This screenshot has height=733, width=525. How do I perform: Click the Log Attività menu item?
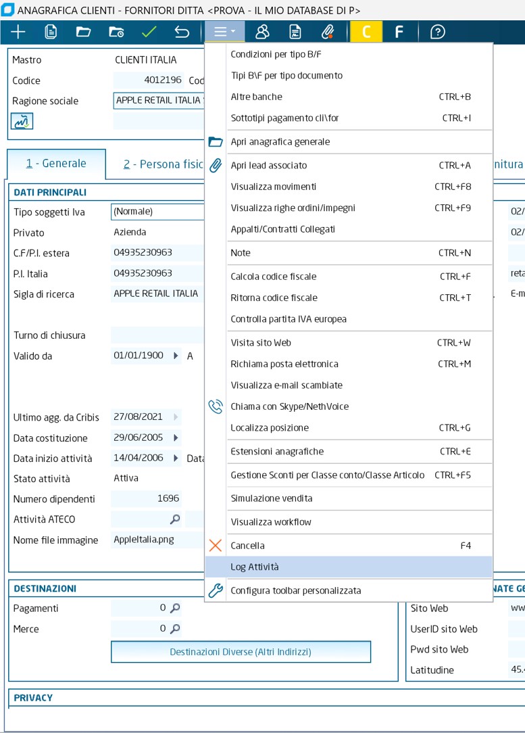click(x=255, y=567)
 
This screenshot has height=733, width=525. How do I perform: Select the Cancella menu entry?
click(x=247, y=545)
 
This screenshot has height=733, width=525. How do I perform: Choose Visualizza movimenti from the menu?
click(x=273, y=186)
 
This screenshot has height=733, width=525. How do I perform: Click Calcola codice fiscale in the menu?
click(x=273, y=276)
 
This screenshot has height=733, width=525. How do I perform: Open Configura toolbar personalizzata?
click(x=295, y=590)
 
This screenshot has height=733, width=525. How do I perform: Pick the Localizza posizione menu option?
click(x=270, y=427)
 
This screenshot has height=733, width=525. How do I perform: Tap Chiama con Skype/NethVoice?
click(x=289, y=406)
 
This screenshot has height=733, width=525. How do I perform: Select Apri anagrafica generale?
click(x=280, y=142)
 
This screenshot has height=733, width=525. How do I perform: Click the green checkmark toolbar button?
click(x=149, y=32)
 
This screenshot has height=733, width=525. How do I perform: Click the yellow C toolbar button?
click(x=366, y=32)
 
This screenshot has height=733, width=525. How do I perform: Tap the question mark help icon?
click(x=438, y=32)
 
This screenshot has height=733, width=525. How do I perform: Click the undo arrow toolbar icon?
click(x=182, y=32)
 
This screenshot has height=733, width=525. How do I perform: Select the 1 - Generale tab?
click(x=56, y=163)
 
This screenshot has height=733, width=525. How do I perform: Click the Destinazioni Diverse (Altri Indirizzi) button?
click(x=241, y=652)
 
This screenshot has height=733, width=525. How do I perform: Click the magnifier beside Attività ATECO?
click(x=175, y=519)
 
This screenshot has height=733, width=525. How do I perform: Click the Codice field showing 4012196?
click(x=149, y=80)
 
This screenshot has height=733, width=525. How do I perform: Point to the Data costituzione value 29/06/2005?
click(x=139, y=438)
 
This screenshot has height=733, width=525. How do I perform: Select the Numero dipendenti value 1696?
click(x=146, y=498)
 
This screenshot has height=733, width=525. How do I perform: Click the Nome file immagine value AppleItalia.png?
click(x=143, y=540)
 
